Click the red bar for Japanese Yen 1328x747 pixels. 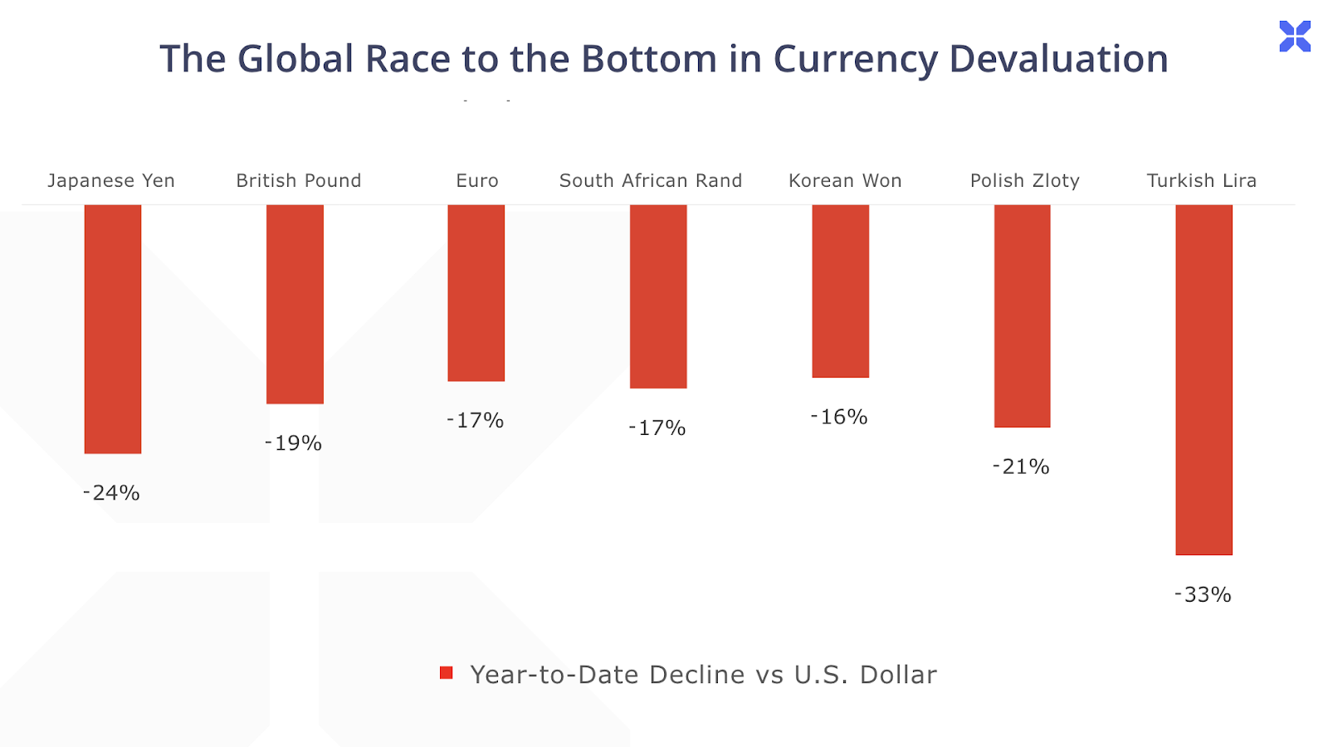(x=113, y=329)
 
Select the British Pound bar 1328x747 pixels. (x=295, y=304)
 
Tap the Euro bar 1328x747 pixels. (x=476, y=293)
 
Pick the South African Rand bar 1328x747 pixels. (x=658, y=296)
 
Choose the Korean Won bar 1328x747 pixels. (x=840, y=290)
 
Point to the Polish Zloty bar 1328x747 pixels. (x=1022, y=315)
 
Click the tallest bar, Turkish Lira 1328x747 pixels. (x=1203, y=379)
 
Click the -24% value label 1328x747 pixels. (x=111, y=493)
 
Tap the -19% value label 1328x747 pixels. (x=293, y=443)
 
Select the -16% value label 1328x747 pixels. (x=839, y=417)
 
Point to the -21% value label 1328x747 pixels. (x=1021, y=466)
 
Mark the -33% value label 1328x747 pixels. (x=1203, y=594)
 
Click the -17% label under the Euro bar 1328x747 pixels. (x=475, y=421)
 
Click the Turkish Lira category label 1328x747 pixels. (x=1201, y=181)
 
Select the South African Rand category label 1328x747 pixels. (x=651, y=181)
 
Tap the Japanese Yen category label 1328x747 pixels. (x=111, y=181)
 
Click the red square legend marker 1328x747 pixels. (x=447, y=673)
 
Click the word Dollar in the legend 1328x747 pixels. (x=898, y=675)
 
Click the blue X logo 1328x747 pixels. (x=1295, y=37)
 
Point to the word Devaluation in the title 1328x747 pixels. (x=1058, y=59)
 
